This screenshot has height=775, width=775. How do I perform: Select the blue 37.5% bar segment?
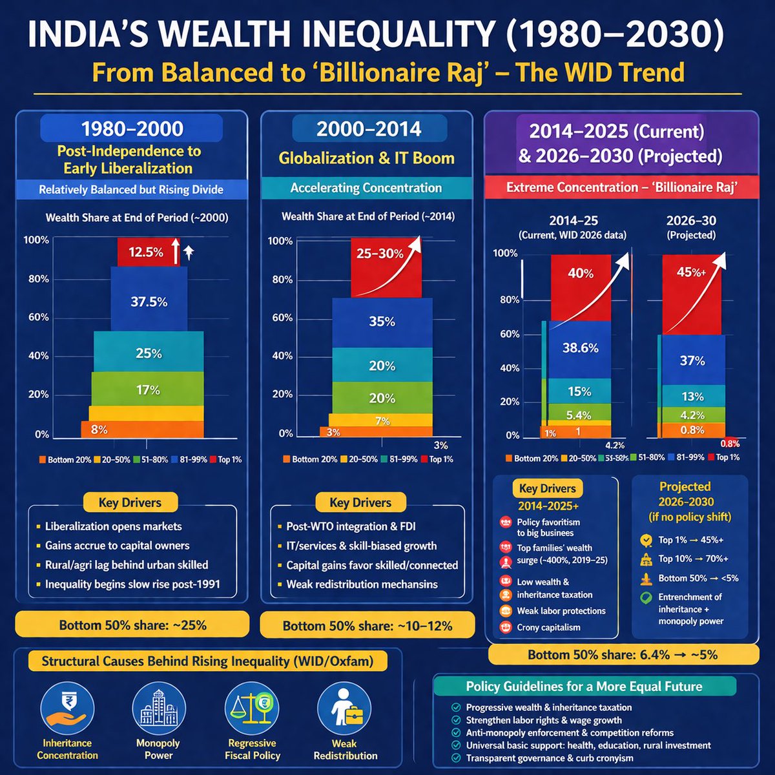click(149, 301)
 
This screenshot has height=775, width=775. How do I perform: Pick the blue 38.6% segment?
click(580, 348)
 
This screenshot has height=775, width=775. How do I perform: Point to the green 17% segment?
click(147, 389)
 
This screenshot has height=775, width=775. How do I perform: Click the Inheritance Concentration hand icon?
click(67, 709)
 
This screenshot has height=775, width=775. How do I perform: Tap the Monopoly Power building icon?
click(158, 709)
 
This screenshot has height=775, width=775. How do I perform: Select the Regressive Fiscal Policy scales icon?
click(252, 709)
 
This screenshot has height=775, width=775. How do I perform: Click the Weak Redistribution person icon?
click(345, 709)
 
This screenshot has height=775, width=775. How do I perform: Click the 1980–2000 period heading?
click(132, 129)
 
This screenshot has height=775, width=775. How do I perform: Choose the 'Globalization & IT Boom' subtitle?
click(366, 158)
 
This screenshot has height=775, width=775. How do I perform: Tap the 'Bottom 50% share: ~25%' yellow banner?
click(132, 625)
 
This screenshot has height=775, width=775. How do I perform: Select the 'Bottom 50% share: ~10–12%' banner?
click(367, 625)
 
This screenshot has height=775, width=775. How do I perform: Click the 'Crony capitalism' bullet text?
click(548, 627)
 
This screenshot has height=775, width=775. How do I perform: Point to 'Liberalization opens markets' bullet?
click(113, 526)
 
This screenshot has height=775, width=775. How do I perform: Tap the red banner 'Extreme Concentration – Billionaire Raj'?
click(622, 188)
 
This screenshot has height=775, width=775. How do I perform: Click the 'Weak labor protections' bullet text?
click(561, 610)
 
